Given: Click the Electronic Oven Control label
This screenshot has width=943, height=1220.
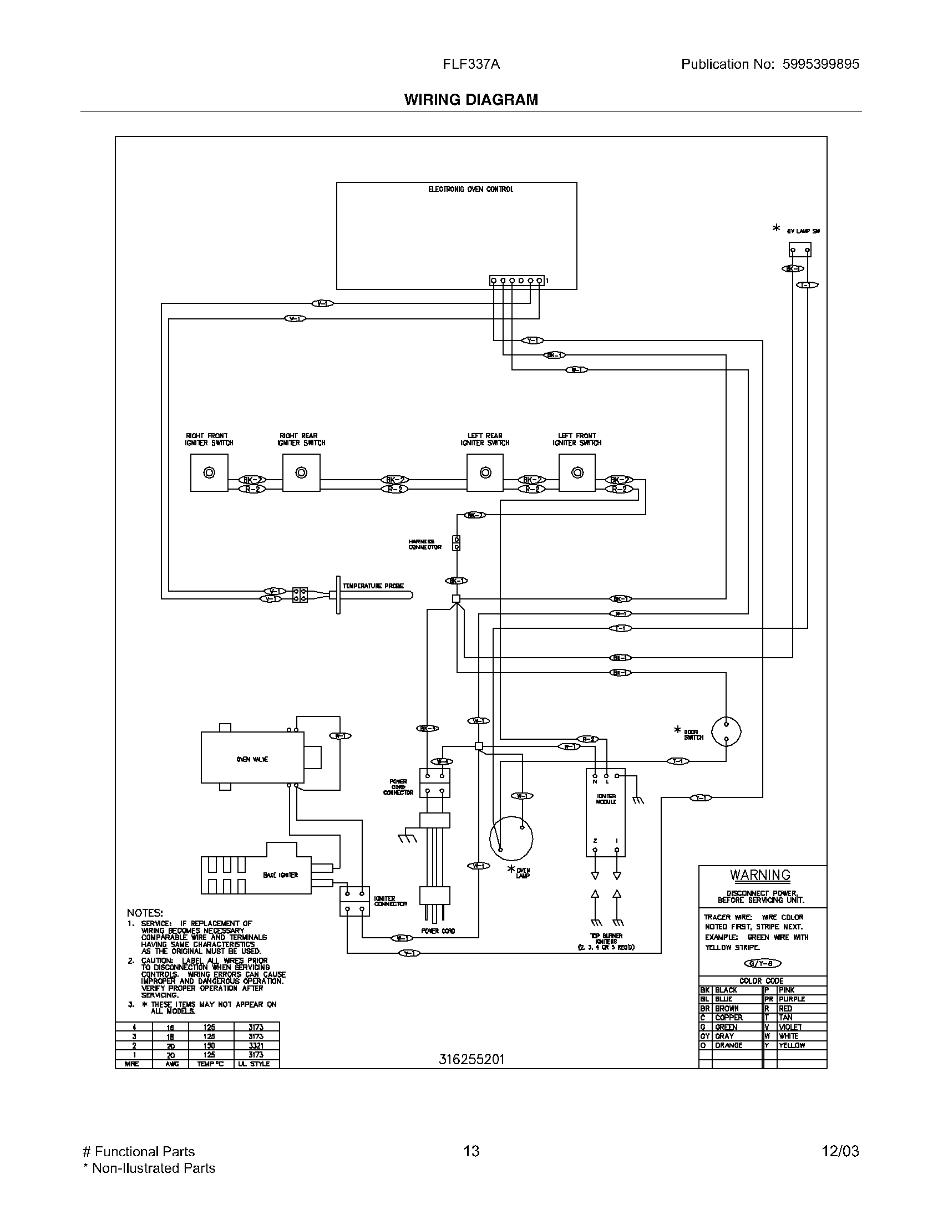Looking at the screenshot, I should [x=470, y=189].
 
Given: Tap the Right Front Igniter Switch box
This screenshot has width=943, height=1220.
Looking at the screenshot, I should [x=209, y=472].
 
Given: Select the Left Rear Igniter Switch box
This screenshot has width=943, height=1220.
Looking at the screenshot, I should [x=485, y=472].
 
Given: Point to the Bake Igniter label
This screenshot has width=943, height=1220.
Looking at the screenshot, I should [x=281, y=875].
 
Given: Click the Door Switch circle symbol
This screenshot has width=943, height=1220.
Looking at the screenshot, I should [x=726, y=731].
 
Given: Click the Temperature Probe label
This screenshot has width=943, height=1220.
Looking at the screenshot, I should [x=373, y=586].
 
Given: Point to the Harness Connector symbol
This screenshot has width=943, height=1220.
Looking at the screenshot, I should [x=457, y=543].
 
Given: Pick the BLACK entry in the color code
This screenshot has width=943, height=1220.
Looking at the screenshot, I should [x=726, y=990].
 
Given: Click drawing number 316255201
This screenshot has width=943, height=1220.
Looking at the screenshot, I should [x=471, y=1059].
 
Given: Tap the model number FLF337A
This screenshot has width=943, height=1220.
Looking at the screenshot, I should [x=471, y=64].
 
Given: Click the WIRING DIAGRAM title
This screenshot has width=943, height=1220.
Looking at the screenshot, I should [x=471, y=99].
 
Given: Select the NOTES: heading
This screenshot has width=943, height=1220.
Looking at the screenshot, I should [x=145, y=913].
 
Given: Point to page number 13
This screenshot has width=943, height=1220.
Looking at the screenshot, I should [x=471, y=1151].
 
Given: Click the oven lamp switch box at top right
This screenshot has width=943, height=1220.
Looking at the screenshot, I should [x=799, y=250].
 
